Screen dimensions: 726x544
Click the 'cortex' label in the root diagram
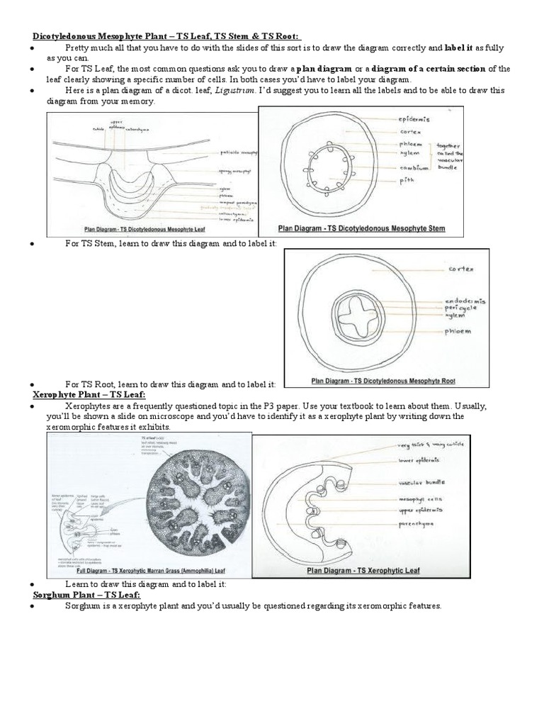coord(462,269)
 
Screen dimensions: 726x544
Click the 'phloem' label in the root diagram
coord(458,331)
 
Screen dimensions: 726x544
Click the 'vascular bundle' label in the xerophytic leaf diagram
coord(424,482)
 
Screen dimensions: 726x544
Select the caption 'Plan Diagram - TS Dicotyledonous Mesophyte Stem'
coord(361,229)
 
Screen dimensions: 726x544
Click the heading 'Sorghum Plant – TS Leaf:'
coord(86,595)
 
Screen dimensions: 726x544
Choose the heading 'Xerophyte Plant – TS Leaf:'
coord(89,394)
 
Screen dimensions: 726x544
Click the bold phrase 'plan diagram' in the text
coord(323,69)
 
